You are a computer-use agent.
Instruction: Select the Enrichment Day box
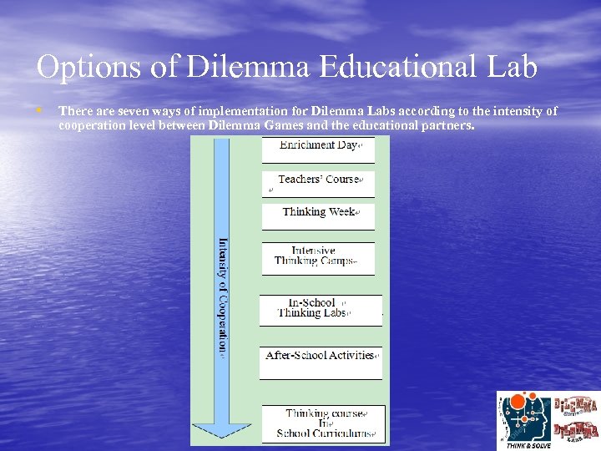coord(318,147)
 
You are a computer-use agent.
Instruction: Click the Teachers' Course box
coord(318,180)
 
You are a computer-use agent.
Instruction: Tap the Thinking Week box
coord(318,214)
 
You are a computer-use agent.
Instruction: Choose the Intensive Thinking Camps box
coord(318,256)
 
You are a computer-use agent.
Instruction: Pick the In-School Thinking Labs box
coord(321,309)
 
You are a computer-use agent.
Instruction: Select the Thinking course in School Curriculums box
coord(324,424)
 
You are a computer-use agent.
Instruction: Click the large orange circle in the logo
coord(518,403)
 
